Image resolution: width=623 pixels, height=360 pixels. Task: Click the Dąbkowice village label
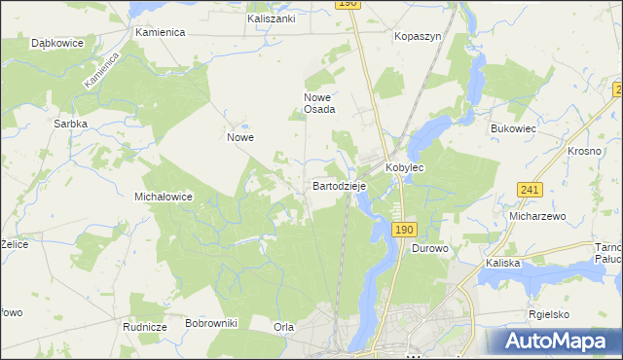point(55,44)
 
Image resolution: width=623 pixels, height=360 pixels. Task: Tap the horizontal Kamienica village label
point(161,32)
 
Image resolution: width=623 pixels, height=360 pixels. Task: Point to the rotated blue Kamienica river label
point(101,71)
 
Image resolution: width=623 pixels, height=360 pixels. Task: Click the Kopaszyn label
point(418,36)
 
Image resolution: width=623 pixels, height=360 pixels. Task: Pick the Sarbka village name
point(71,125)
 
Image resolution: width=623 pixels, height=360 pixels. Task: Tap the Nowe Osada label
point(319,103)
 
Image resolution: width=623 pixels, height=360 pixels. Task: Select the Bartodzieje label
point(338,185)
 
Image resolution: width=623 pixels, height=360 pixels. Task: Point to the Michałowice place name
point(164,197)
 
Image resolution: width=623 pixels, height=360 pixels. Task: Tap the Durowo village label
point(429,249)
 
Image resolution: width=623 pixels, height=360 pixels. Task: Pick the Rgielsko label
point(549,314)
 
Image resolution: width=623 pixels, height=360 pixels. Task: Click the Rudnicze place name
point(143,327)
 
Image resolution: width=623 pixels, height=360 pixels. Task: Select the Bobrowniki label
point(211,322)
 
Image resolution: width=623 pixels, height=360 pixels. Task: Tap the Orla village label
point(283,327)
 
